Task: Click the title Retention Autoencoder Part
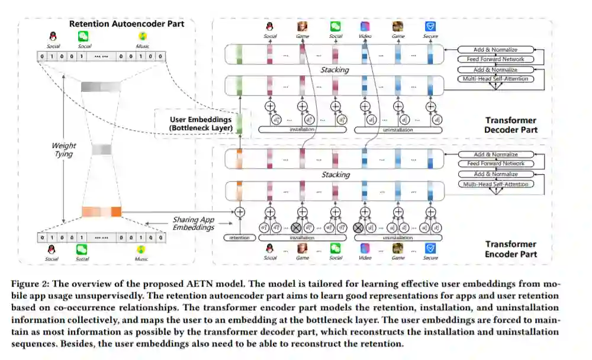pyautogui.click(x=127, y=24)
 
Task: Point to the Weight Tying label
pyautogui.click(x=63, y=149)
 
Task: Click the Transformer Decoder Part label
pyautogui.click(x=510, y=125)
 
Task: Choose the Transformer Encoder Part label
pyautogui.click(x=510, y=249)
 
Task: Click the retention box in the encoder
pyautogui.click(x=240, y=237)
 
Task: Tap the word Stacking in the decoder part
pyautogui.click(x=335, y=70)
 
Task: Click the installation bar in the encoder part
pyautogui.click(x=302, y=237)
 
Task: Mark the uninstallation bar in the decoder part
pyautogui.click(x=398, y=128)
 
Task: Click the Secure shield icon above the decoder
pyautogui.click(x=430, y=27)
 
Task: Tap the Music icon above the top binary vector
pyautogui.click(x=142, y=36)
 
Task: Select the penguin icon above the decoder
pyautogui.click(x=270, y=27)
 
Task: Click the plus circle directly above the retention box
pyautogui.click(x=240, y=211)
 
